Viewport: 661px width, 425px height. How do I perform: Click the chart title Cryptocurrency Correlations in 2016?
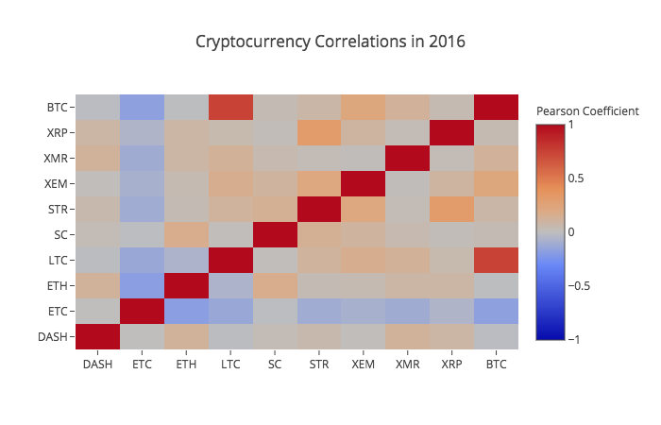(x=330, y=42)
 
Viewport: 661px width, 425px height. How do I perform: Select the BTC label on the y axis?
(x=58, y=107)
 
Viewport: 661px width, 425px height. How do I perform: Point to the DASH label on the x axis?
(x=97, y=362)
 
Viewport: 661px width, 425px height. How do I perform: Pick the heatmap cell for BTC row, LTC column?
(x=229, y=107)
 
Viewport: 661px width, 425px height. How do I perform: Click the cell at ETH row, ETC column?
(x=142, y=285)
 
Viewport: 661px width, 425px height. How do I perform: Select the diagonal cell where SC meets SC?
(x=274, y=234)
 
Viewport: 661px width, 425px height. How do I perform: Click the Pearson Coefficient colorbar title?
(x=587, y=111)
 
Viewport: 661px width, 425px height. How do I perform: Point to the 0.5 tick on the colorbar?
(x=576, y=178)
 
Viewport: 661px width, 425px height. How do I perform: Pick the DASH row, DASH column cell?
(x=97, y=336)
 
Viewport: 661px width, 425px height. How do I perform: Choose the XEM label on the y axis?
(x=58, y=183)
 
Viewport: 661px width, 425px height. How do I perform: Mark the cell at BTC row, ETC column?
(x=142, y=107)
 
